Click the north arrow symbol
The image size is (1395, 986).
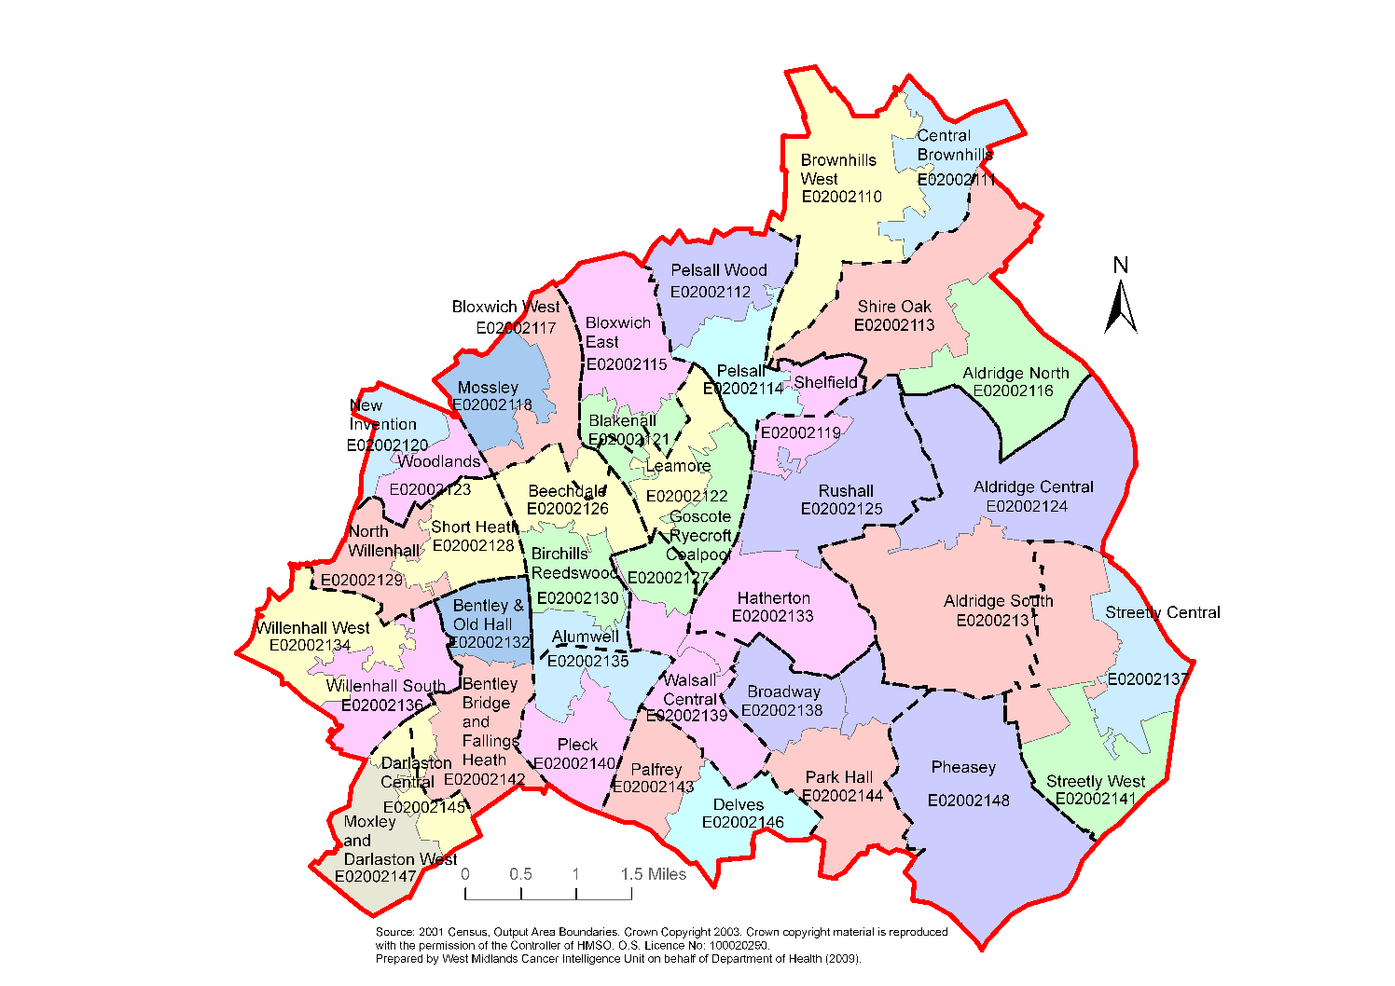click(x=1121, y=308)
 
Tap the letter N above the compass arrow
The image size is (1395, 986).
click(x=1121, y=266)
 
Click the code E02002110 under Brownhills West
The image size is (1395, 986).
click(x=841, y=197)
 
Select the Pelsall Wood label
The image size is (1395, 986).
click(x=719, y=270)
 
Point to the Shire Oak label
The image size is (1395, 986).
click(x=894, y=307)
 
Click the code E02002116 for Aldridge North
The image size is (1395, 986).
click(x=1013, y=391)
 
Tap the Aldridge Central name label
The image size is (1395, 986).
click(x=1033, y=487)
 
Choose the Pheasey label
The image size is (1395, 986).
click(x=963, y=768)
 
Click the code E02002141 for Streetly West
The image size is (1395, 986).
click(x=1096, y=800)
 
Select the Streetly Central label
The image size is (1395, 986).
click(x=1162, y=613)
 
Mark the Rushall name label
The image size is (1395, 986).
click(x=846, y=491)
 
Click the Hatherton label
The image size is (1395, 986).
click(x=773, y=598)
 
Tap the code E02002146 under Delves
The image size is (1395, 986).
click(x=742, y=823)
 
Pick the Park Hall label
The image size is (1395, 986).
click(x=839, y=777)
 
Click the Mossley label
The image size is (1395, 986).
click(x=488, y=388)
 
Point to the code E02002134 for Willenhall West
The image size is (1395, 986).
click(x=310, y=646)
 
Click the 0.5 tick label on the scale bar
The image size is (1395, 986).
click(x=520, y=874)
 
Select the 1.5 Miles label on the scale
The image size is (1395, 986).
click(x=654, y=874)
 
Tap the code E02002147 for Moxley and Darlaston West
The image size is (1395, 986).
click(x=375, y=877)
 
